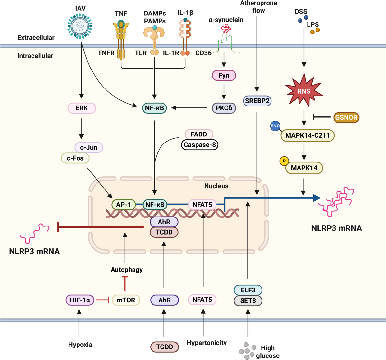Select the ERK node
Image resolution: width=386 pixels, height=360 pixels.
[x=82, y=108]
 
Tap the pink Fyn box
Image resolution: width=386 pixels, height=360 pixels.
[x=224, y=76]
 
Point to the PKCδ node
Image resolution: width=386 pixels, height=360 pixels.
[x=224, y=108]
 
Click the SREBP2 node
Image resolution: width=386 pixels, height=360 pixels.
[x=257, y=101]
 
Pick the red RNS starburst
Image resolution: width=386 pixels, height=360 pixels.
[x=304, y=90]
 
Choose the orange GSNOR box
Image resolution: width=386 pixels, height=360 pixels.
[x=346, y=117]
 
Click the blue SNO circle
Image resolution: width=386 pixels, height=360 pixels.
[x=275, y=126]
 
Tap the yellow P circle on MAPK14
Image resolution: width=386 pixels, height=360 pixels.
[x=284, y=161]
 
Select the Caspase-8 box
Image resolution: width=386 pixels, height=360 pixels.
[x=200, y=145]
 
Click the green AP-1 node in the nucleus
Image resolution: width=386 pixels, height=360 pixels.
[x=124, y=205]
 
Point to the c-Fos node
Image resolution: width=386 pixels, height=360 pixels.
[x=75, y=158]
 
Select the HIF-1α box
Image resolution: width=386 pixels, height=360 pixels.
[x=80, y=300]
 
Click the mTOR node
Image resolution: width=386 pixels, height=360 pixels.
[x=126, y=300]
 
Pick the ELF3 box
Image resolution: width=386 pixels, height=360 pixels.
[x=248, y=290]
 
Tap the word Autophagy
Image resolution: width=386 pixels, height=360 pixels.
[x=126, y=270]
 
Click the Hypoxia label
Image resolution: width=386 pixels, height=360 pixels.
[x=80, y=345]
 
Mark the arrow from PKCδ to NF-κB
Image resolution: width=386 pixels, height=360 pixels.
[x=189, y=108]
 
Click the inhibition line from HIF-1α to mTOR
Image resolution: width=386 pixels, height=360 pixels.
[x=102, y=300]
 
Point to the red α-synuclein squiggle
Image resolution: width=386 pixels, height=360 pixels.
[x=226, y=29]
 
